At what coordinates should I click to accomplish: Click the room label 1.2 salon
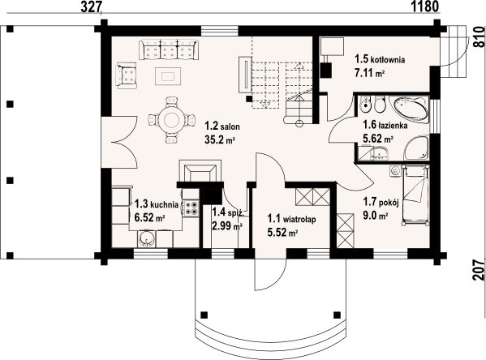point(222,126)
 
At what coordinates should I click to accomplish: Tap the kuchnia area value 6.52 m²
point(149,218)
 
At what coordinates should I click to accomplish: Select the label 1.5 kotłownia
point(380,59)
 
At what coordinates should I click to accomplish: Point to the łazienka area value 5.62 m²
point(378,139)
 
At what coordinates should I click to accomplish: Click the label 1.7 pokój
point(381,202)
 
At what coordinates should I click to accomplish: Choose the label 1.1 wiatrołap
point(291,219)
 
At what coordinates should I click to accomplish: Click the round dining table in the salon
point(171,119)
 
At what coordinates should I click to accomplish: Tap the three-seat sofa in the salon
point(169,49)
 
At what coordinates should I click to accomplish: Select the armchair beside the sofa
point(127,75)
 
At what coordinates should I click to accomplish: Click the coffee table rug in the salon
point(168,76)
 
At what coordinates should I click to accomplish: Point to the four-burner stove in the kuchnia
point(191,208)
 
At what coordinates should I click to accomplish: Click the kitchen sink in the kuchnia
point(146,238)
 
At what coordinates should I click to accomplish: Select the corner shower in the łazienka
point(416,148)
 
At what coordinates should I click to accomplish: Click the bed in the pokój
point(415,195)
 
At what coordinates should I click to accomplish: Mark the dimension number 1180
point(425,6)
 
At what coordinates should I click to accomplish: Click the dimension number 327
point(91,7)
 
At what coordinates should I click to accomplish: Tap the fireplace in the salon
point(200,171)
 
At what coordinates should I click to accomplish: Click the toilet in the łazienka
point(379,105)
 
